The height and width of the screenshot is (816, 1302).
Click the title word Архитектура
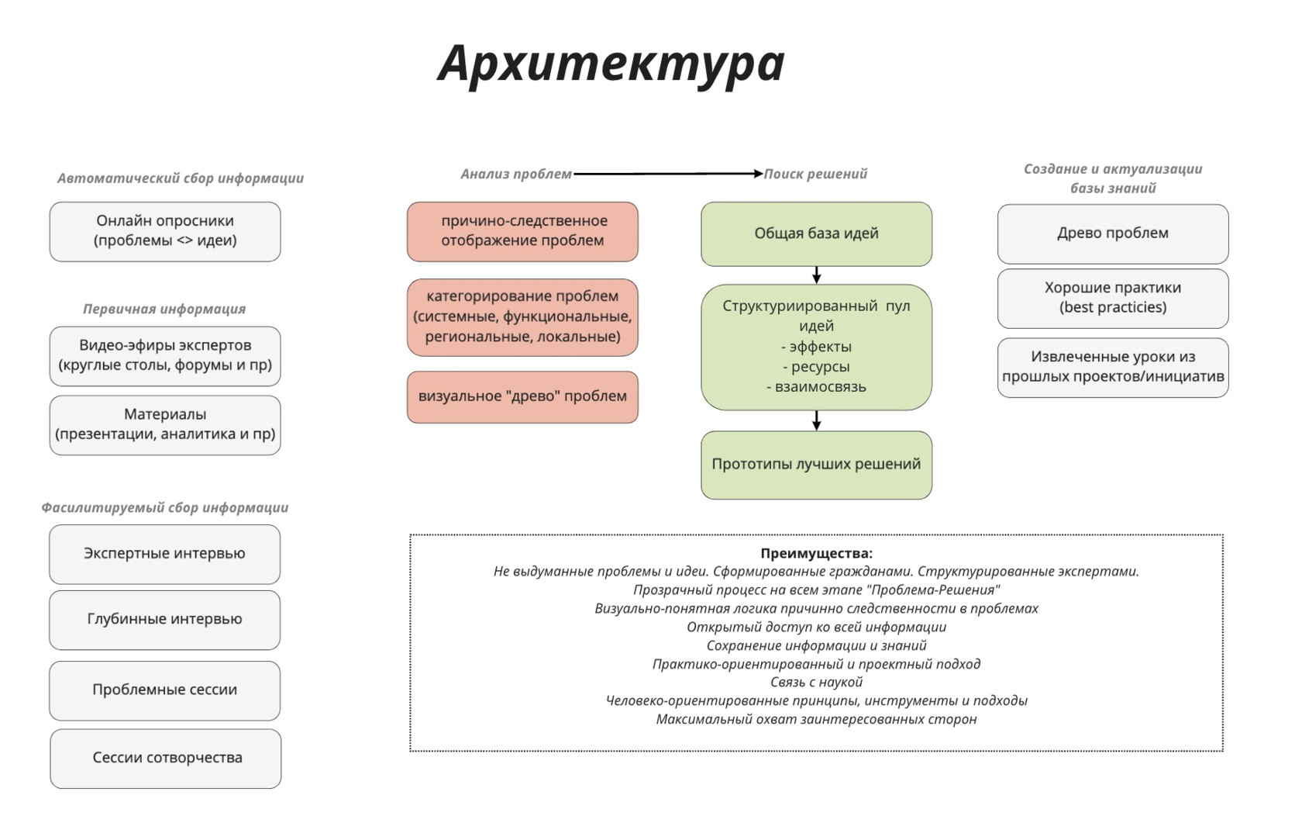tap(611, 64)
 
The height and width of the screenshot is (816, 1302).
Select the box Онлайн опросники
tap(165, 231)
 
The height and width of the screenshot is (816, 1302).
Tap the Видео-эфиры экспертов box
tap(165, 356)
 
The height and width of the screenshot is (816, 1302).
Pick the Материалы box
tap(165, 425)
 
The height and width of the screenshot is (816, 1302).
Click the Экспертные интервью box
tap(164, 555)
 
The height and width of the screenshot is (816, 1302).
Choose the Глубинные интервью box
tap(164, 620)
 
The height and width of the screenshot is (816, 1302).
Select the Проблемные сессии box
tap(164, 690)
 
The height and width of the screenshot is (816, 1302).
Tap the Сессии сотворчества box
tap(166, 759)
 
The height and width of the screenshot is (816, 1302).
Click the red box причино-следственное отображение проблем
tap(522, 231)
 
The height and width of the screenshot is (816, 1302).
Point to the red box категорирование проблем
tap(522, 317)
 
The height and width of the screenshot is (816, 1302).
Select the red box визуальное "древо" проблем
tap(522, 397)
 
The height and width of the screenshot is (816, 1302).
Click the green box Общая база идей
tap(816, 233)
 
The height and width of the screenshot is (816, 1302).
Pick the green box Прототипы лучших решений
tap(816, 465)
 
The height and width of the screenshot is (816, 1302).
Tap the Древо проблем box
tap(1113, 233)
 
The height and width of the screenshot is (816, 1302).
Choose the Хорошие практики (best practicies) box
tap(1113, 299)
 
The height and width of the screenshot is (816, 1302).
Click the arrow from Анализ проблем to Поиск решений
tap(668, 173)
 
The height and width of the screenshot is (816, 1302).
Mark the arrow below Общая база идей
tap(816, 275)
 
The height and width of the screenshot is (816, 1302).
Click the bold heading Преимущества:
tap(816, 553)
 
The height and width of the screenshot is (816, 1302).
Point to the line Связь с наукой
tap(816, 682)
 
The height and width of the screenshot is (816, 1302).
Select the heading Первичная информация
tap(164, 309)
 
